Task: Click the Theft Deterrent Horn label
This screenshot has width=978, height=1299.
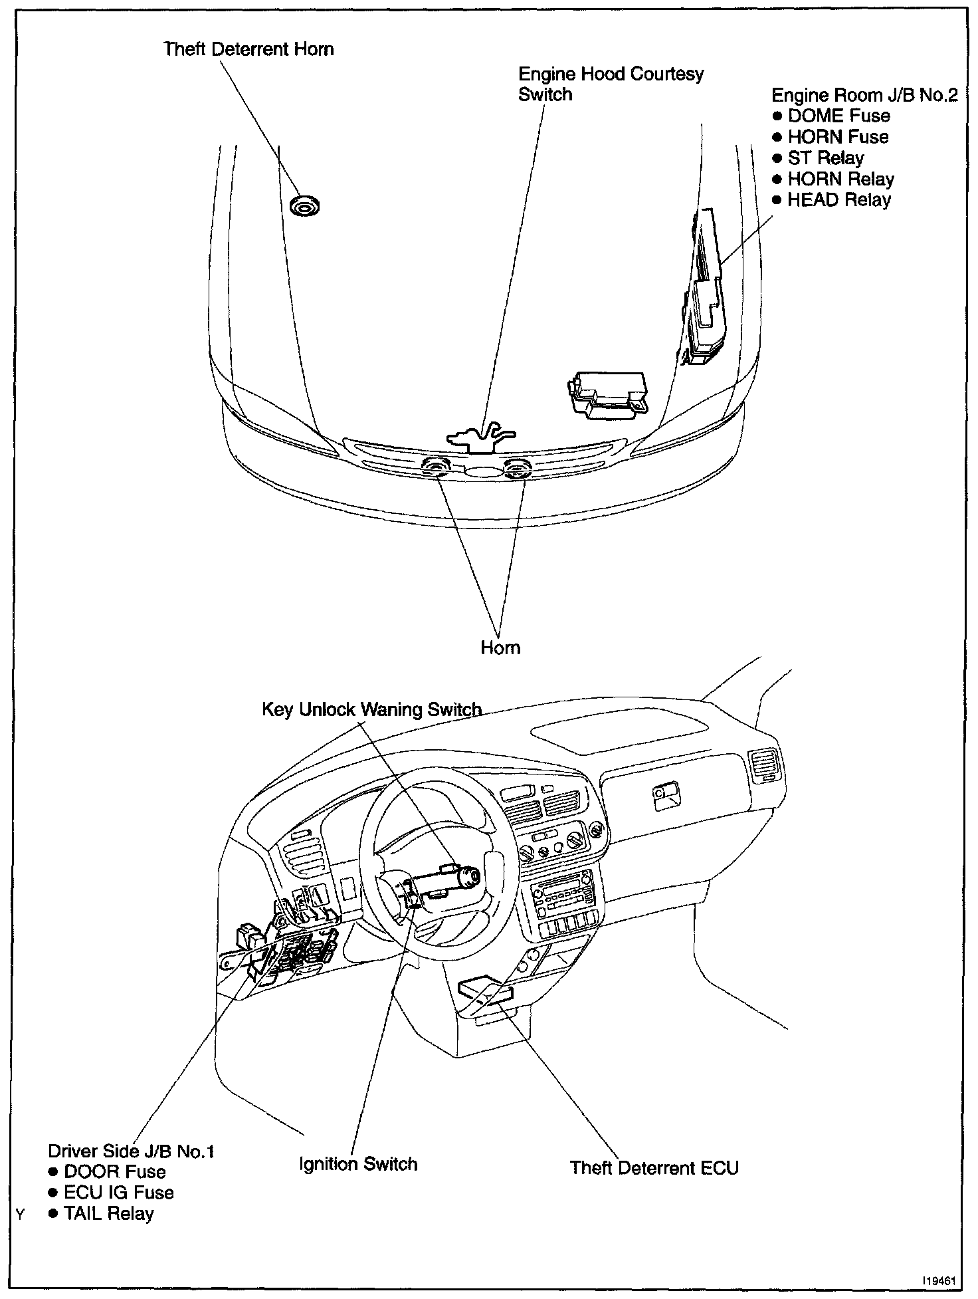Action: coord(248,49)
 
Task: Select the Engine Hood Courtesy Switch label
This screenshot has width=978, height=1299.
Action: coord(610,84)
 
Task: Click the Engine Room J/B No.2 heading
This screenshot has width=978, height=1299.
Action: coord(864,95)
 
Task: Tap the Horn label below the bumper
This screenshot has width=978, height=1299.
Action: coord(500,648)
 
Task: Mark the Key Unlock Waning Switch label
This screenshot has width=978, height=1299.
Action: coord(371,709)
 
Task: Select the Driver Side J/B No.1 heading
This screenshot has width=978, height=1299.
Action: coord(131,1151)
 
